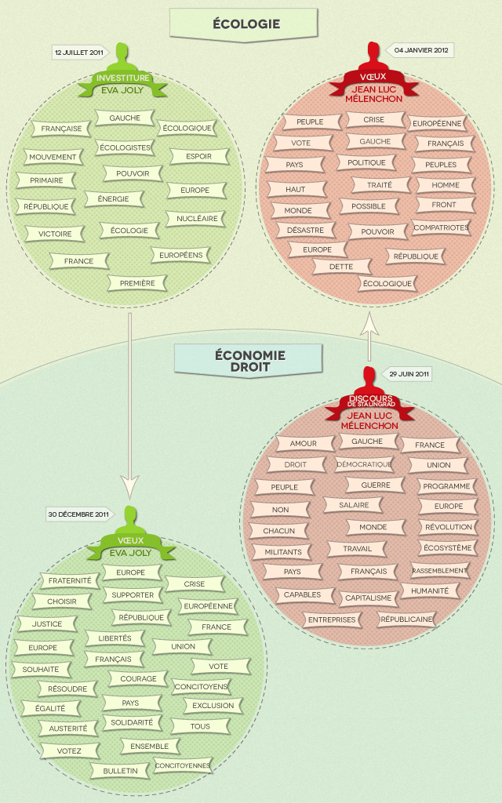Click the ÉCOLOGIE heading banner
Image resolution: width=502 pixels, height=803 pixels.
(x=246, y=24)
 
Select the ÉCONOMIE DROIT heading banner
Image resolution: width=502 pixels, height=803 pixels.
(x=249, y=361)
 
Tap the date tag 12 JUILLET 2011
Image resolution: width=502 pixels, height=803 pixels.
(x=78, y=53)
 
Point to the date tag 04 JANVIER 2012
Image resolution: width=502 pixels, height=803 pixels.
(x=421, y=49)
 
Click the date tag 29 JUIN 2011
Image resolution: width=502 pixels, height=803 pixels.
(x=409, y=374)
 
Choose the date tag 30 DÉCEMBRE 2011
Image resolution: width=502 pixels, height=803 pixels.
(x=78, y=514)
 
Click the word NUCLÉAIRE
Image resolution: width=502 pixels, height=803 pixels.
(x=196, y=218)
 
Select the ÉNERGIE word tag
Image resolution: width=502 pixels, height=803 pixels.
(x=114, y=199)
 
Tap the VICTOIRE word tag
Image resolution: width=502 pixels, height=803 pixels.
(x=55, y=234)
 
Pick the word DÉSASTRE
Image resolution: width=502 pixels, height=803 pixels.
(x=300, y=231)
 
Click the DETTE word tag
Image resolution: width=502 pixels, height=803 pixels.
(x=341, y=267)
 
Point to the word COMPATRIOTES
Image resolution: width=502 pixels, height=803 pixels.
(x=441, y=228)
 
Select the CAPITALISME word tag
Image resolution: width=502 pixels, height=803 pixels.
(x=368, y=598)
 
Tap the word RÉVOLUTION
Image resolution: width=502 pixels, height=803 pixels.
(x=449, y=527)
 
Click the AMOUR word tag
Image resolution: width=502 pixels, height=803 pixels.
(x=304, y=443)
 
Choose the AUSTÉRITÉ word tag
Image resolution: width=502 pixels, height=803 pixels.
(x=68, y=729)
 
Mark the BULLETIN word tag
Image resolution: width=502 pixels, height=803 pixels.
(x=120, y=771)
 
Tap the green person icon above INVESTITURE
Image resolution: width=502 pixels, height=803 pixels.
(x=122, y=58)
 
